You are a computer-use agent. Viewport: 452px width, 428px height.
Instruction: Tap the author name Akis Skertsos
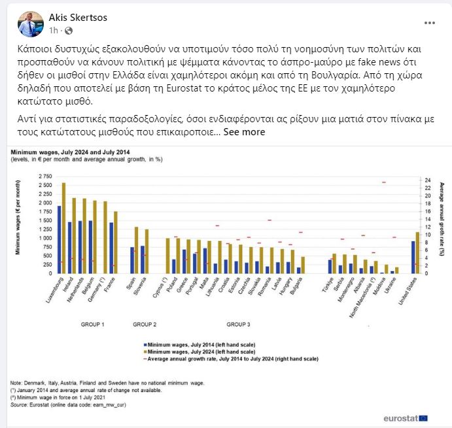[78, 17]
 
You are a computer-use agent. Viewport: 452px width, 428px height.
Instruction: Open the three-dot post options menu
[429, 22]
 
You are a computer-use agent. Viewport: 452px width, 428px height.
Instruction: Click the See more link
[244, 131]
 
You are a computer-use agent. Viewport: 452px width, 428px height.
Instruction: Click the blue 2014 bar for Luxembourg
[59, 239]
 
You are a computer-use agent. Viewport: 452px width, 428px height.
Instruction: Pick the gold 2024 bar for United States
[417, 252]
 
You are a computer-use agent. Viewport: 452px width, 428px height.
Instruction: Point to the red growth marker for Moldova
[384, 182]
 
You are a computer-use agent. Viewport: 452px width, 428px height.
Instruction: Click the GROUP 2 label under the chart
[145, 324]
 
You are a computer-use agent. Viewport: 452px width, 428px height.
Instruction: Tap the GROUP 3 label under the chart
[238, 324]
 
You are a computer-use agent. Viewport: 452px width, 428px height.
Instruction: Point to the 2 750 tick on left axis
[45, 176]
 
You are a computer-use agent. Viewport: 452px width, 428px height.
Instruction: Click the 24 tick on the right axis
[426, 180]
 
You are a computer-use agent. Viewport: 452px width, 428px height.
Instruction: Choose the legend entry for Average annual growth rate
[233, 359]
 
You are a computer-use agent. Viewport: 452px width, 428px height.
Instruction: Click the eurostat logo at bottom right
[406, 416]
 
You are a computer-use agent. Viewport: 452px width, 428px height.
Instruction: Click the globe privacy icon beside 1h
[69, 30]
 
